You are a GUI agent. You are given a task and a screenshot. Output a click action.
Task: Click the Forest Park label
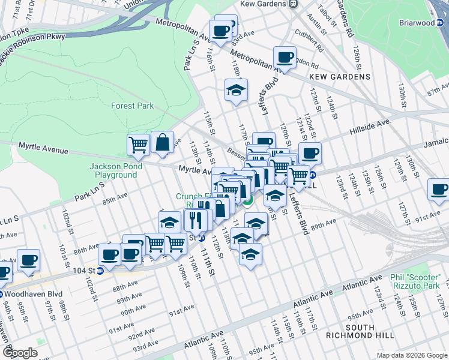pos(132,106)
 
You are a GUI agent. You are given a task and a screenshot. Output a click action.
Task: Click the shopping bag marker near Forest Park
pos(162,143)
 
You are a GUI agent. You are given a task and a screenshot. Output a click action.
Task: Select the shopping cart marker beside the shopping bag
pos(138,145)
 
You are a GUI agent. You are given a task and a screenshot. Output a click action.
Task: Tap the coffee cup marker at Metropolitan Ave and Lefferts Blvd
pos(285,58)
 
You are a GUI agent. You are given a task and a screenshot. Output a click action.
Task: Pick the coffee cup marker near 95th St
pos(28,260)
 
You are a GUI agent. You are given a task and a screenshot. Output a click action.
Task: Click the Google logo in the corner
pos(20,352)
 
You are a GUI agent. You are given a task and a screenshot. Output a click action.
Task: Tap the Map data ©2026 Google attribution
pos(410,355)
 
